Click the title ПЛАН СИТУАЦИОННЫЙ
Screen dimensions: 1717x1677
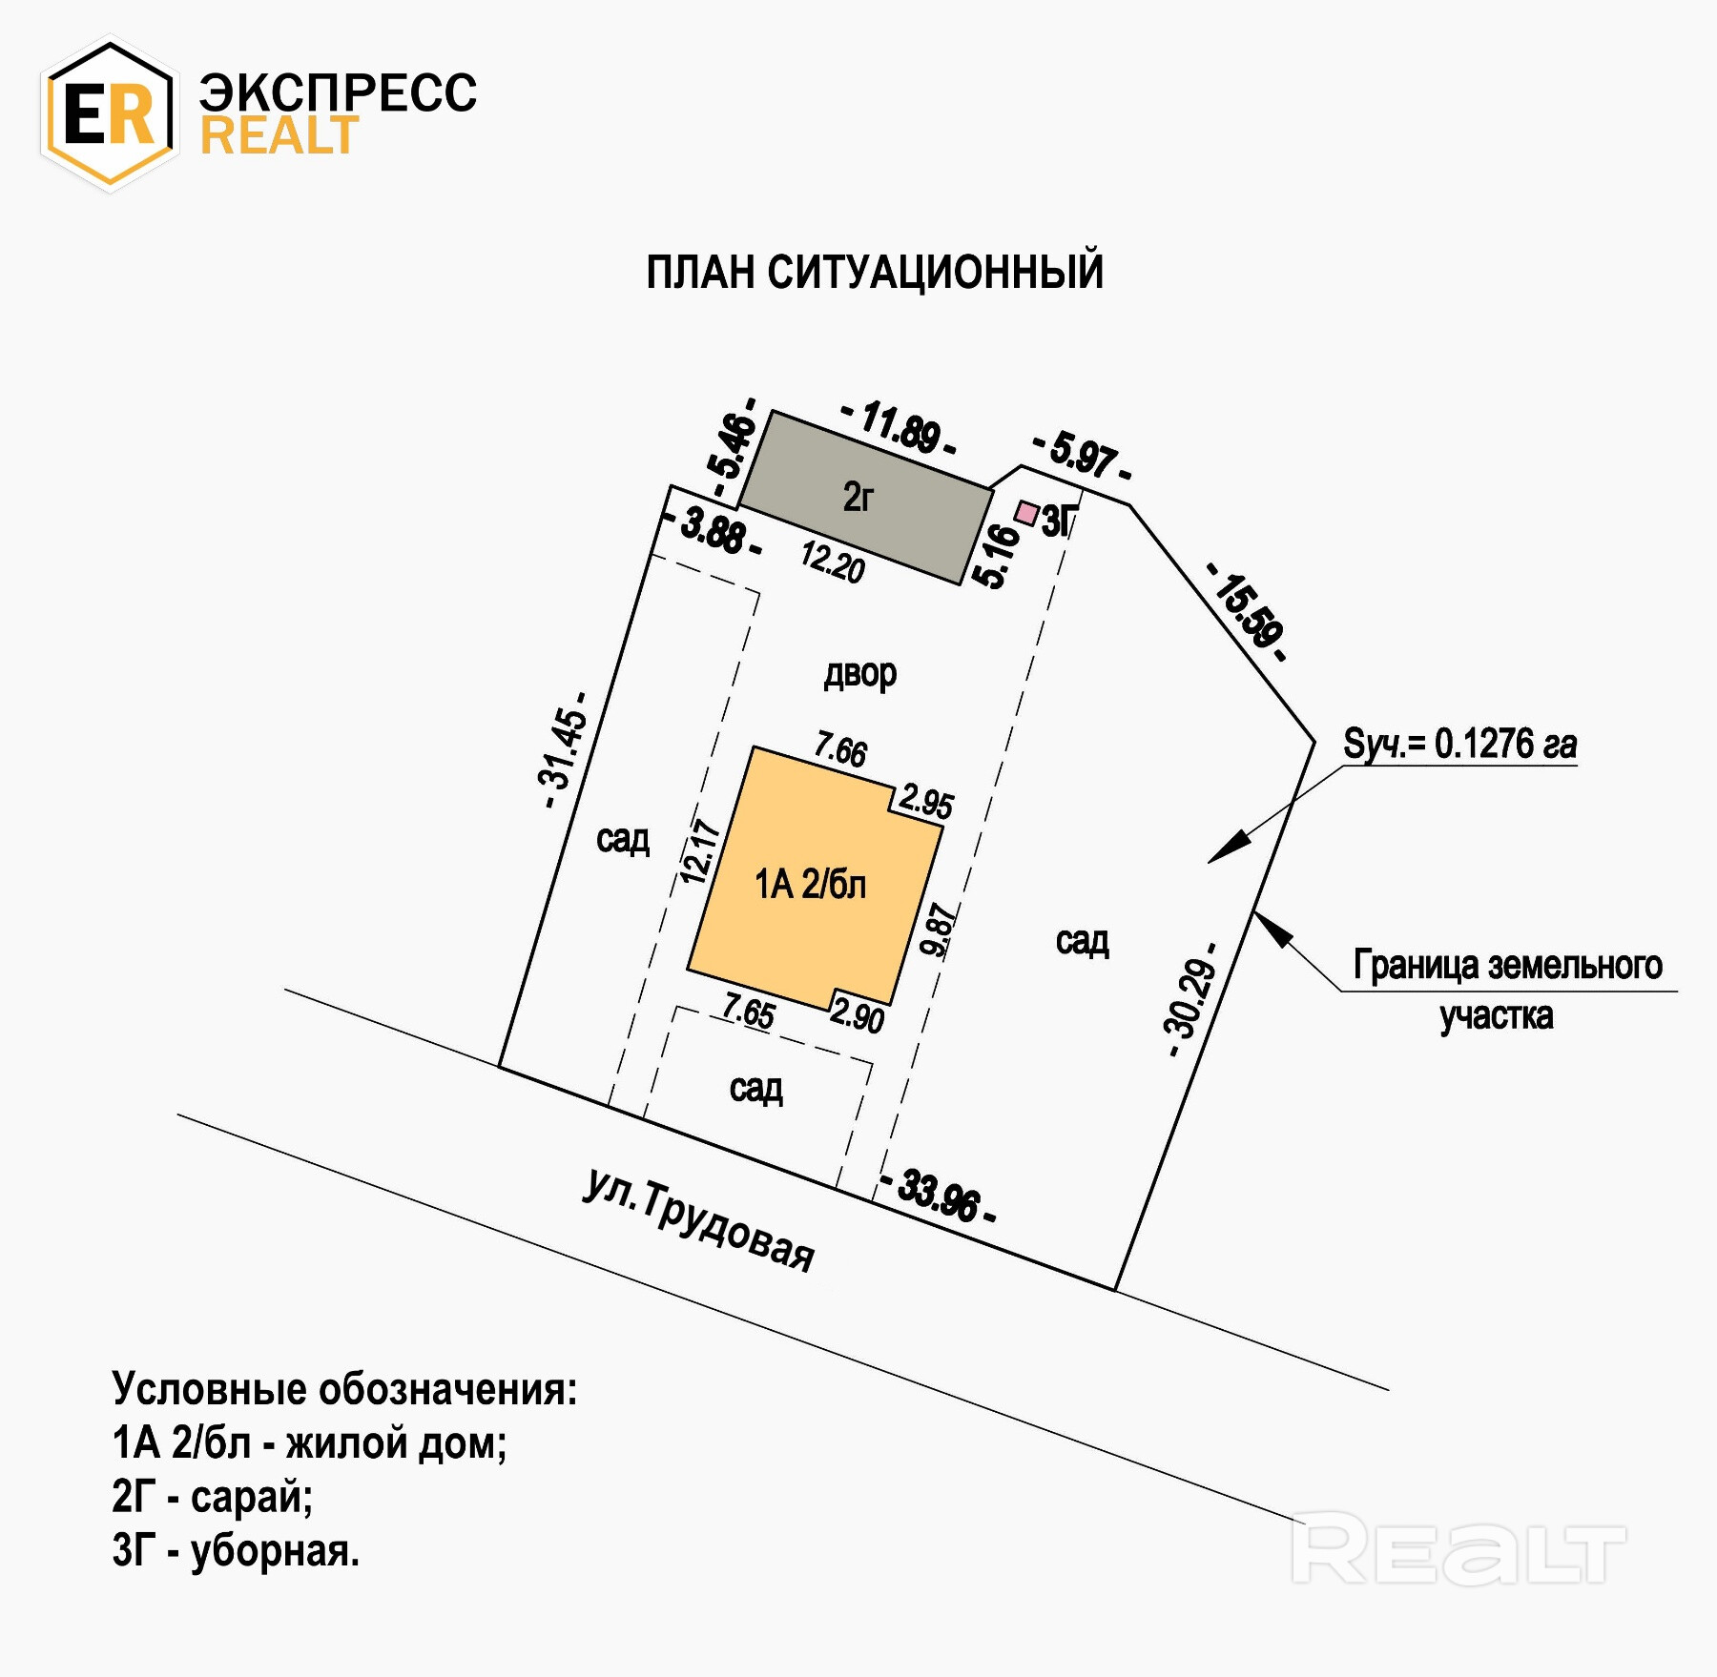[875, 273]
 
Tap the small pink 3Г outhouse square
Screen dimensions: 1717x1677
[1026, 513]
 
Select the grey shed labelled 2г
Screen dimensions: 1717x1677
[864, 498]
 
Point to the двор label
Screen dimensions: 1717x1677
[859, 674]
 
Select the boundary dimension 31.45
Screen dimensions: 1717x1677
[563, 750]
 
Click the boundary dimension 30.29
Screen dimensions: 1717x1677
[1191, 1000]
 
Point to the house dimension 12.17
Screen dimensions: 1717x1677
[698, 851]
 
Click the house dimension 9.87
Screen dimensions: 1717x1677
[939, 930]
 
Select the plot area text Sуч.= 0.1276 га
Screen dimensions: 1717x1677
[1459, 744]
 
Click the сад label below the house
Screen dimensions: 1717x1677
[756, 1088]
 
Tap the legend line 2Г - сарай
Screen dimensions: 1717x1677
[213, 1497]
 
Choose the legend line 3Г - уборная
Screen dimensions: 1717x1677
[236, 1551]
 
